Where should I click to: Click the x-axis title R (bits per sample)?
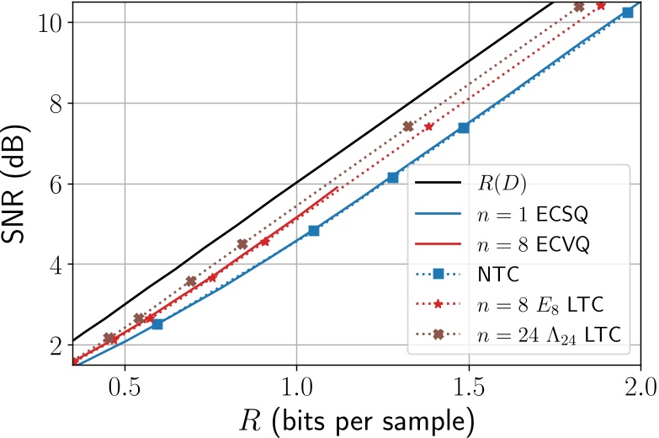357,419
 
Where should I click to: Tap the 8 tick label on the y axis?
56,103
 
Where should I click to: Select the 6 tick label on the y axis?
56,184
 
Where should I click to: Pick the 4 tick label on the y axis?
56,264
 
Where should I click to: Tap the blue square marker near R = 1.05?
314,230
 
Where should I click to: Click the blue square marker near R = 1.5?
463,127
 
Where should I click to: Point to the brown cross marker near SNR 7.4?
408,126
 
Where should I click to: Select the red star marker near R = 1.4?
429,126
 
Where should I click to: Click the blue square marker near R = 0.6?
157,324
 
